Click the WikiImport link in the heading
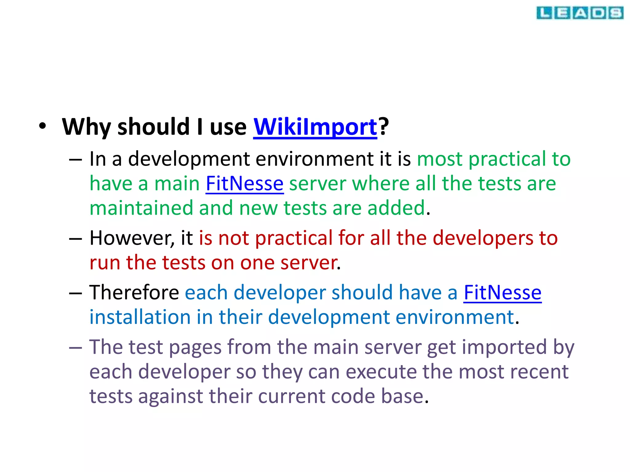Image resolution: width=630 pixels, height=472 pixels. (x=315, y=127)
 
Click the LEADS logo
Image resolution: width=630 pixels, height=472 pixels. (x=580, y=13)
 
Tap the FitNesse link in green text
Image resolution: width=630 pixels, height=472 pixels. (x=245, y=184)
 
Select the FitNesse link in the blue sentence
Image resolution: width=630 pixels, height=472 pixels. (x=502, y=293)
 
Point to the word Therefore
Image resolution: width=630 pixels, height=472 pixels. (x=134, y=293)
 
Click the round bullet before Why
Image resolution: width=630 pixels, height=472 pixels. (x=42, y=126)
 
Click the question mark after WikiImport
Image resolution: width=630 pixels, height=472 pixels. (x=384, y=126)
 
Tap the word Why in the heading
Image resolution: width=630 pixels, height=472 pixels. (x=86, y=127)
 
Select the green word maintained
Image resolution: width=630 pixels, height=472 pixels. (x=141, y=208)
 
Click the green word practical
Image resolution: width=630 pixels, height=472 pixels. (x=507, y=159)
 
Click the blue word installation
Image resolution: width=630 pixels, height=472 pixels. (x=140, y=317)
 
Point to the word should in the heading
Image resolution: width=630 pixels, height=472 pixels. (x=154, y=127)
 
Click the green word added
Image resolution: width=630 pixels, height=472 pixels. (x=396, y=208)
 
